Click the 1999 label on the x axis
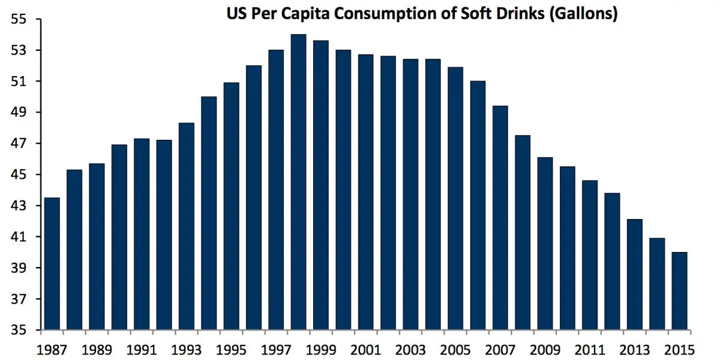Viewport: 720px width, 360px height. [x=321, y=349]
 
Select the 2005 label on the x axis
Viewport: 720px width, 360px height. [x=455, y=349]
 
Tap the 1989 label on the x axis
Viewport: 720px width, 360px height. [x=97, y=349]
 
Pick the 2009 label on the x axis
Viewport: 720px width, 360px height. [x=545, y=349]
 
